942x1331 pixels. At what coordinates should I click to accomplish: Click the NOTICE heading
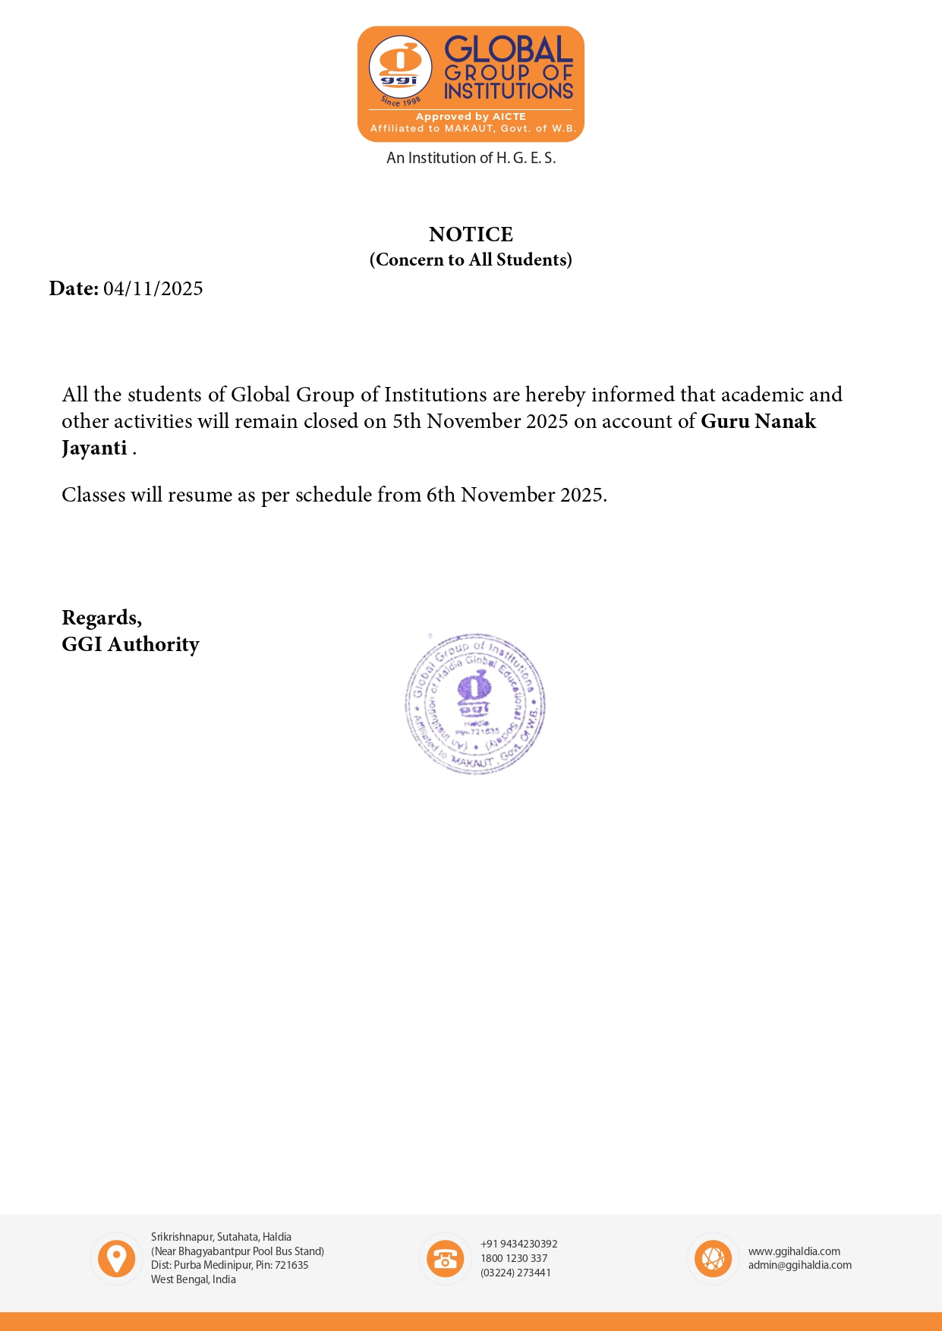(x=471, y=234)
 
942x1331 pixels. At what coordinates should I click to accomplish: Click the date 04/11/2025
(x=153, y=289)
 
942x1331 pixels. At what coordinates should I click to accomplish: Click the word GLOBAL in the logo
(x=508, y=49)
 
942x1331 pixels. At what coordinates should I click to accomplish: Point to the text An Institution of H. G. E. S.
(x=471, y=158)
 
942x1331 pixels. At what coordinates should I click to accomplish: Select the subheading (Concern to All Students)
(x=471, y=260)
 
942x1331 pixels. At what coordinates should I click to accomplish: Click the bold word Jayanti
(x=94, y=448)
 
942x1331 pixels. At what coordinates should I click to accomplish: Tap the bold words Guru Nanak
(x=758, y=421)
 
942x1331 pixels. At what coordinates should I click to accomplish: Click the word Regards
(x=101, y=618)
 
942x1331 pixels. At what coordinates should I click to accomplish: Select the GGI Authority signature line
(x=131, y=644)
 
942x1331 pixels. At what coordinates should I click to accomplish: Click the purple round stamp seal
(x=475, y=703)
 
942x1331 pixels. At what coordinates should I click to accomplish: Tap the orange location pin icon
(x=117, y=1258)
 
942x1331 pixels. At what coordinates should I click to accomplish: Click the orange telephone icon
(x=445, y=1258)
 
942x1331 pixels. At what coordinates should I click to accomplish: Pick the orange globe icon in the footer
(x=713, y=1258)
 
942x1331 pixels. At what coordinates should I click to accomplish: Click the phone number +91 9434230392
(x=518, y=1244)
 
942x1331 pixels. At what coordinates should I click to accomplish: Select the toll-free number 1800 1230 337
(x=514, y=1258)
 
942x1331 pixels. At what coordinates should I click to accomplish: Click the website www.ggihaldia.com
(x=794, y=1251)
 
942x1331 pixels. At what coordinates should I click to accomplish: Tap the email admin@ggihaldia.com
(x=799, y=1265)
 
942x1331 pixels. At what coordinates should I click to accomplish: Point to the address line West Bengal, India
(x=193, y=1279)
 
